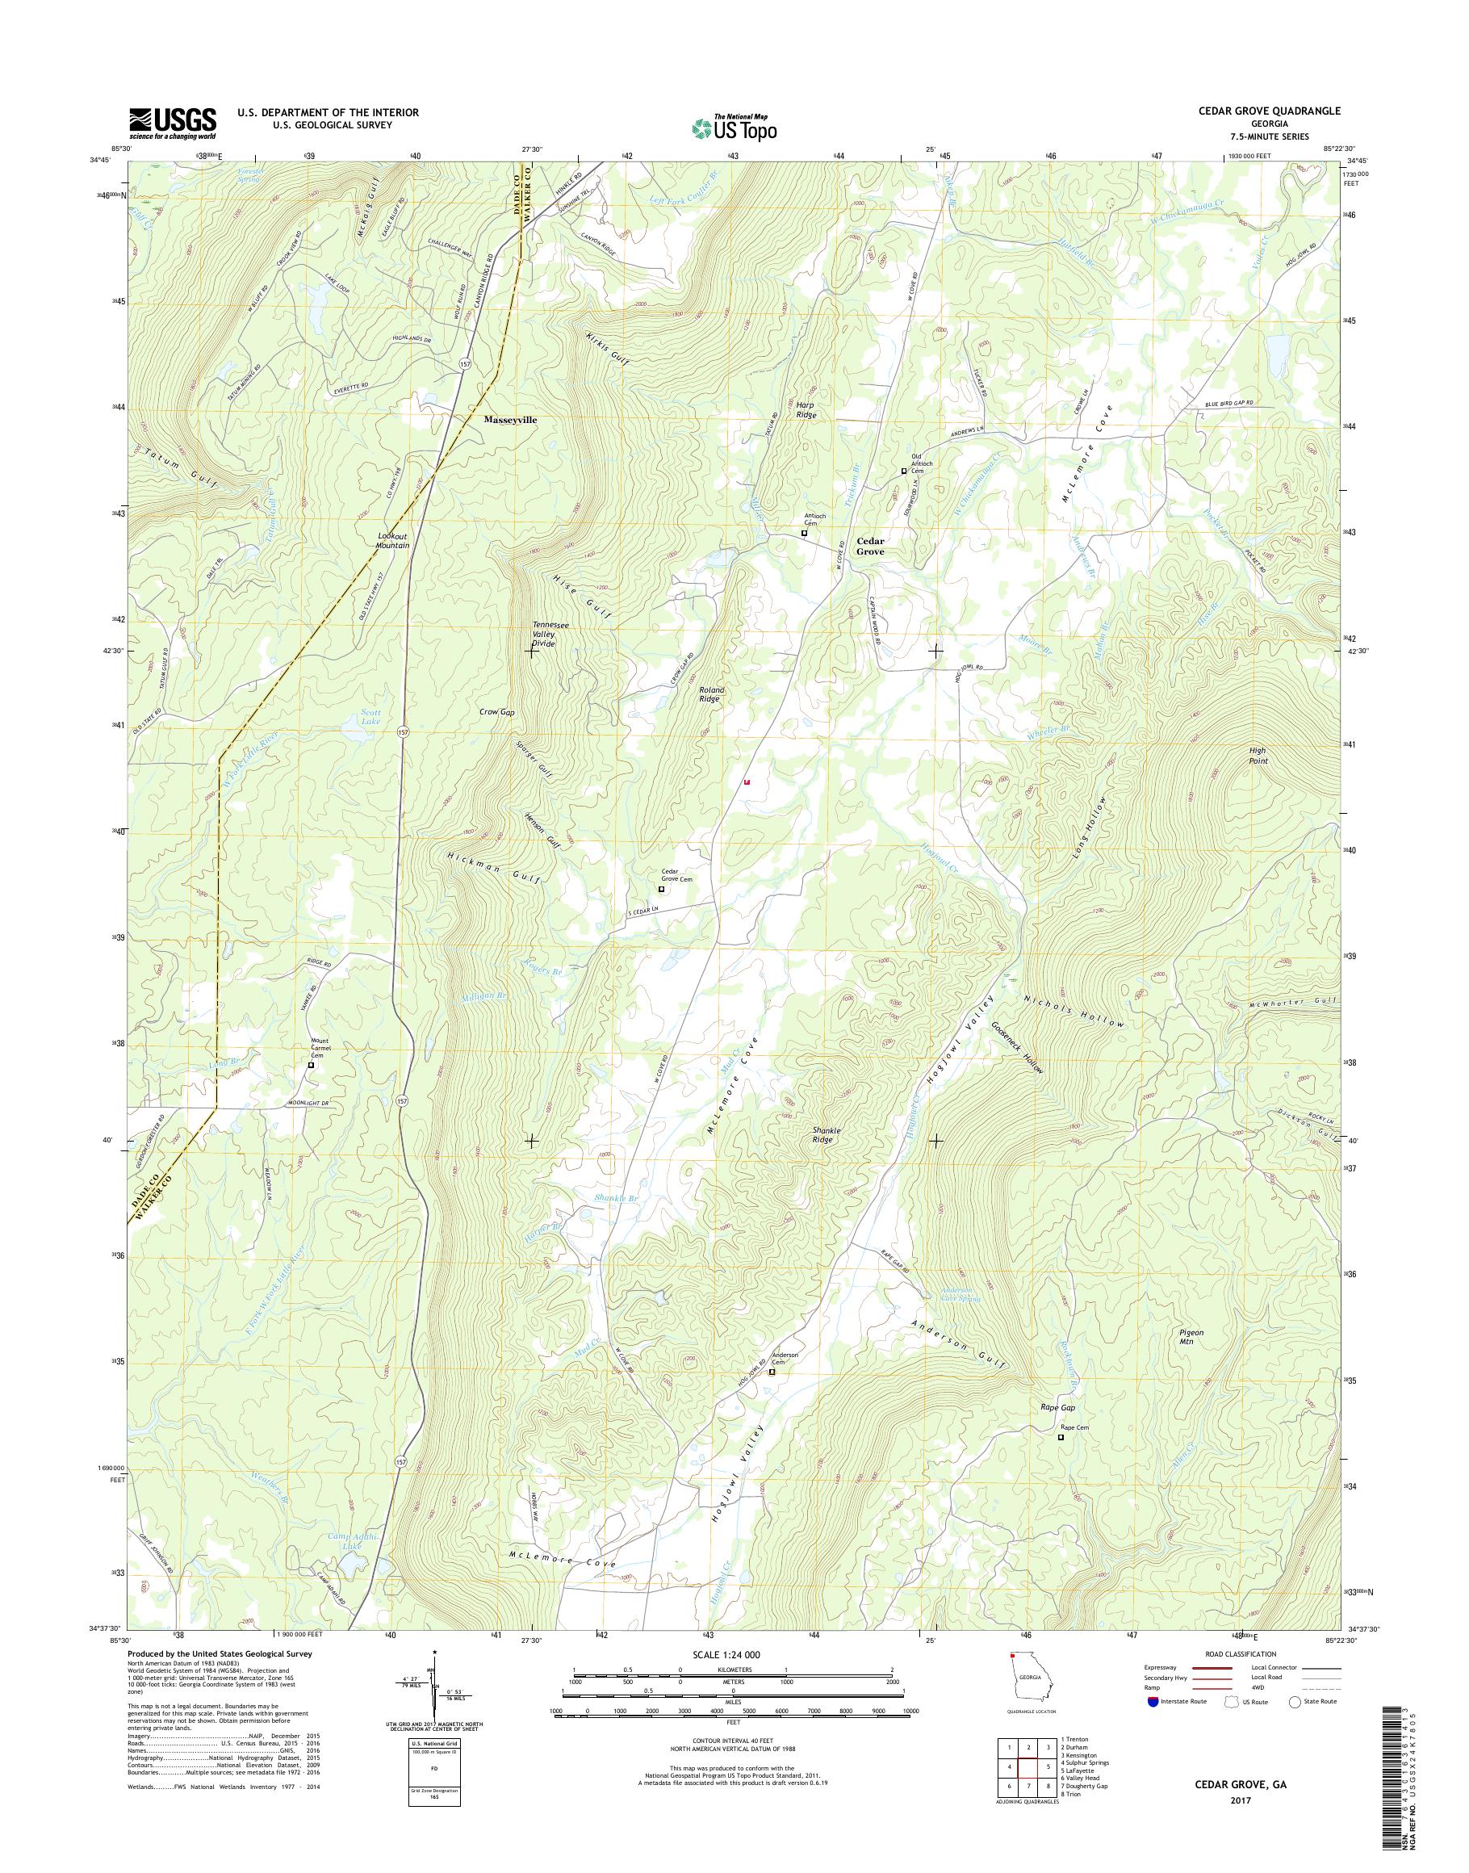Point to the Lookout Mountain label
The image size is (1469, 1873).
click(x=393, y=540)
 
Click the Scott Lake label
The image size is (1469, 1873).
click(x=370, y=717)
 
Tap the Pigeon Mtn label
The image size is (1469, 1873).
click(x=1191, y=1338)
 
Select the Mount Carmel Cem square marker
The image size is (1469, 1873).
click(x=312, y=1065)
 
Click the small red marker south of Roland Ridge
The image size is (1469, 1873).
click(x=747, y=783)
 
